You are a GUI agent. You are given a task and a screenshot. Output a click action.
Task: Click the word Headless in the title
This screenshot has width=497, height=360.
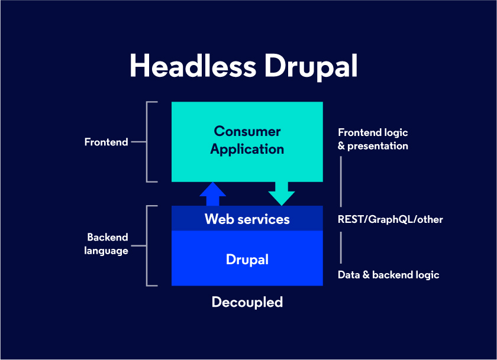(193, 65)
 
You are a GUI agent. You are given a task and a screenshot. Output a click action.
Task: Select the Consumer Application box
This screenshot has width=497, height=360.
(247, 142)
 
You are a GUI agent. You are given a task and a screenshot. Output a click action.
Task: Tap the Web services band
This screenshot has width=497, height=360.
(247, 219)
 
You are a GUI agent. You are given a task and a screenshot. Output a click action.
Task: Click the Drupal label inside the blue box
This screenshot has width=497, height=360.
(247, 260)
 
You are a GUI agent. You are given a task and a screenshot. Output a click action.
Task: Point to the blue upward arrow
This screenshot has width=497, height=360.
(212, 194)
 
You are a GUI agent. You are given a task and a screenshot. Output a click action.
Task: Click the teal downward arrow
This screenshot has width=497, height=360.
(282, 194)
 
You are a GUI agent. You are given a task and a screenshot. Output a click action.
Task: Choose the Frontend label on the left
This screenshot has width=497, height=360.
(106, 142)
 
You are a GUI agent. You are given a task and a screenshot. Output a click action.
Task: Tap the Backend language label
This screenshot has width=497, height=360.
(106, 244)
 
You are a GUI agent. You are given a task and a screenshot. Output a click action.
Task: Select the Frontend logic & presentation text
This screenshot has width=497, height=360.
(373, 139)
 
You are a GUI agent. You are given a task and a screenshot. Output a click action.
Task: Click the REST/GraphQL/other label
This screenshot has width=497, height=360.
(390, 219)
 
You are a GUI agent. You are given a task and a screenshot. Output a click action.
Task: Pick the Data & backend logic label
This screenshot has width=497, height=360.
(388, 275)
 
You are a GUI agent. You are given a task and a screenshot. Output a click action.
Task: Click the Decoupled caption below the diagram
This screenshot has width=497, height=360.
(247, 303)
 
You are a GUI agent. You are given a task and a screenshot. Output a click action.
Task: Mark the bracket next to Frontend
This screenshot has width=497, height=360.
(147, 142)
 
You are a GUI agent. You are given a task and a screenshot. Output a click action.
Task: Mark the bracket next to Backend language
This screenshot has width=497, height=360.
(147, 246)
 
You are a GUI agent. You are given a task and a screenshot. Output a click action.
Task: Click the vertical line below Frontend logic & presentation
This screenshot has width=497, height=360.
(341, 181)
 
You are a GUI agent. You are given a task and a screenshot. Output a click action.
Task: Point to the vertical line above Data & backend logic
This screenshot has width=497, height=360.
(341, 248)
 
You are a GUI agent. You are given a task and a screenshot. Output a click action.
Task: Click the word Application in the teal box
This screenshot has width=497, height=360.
(247, 150)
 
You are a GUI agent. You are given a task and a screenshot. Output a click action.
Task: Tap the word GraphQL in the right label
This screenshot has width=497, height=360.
(391, 219)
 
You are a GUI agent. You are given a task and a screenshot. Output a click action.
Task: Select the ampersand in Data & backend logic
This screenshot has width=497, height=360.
(366, 275)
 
